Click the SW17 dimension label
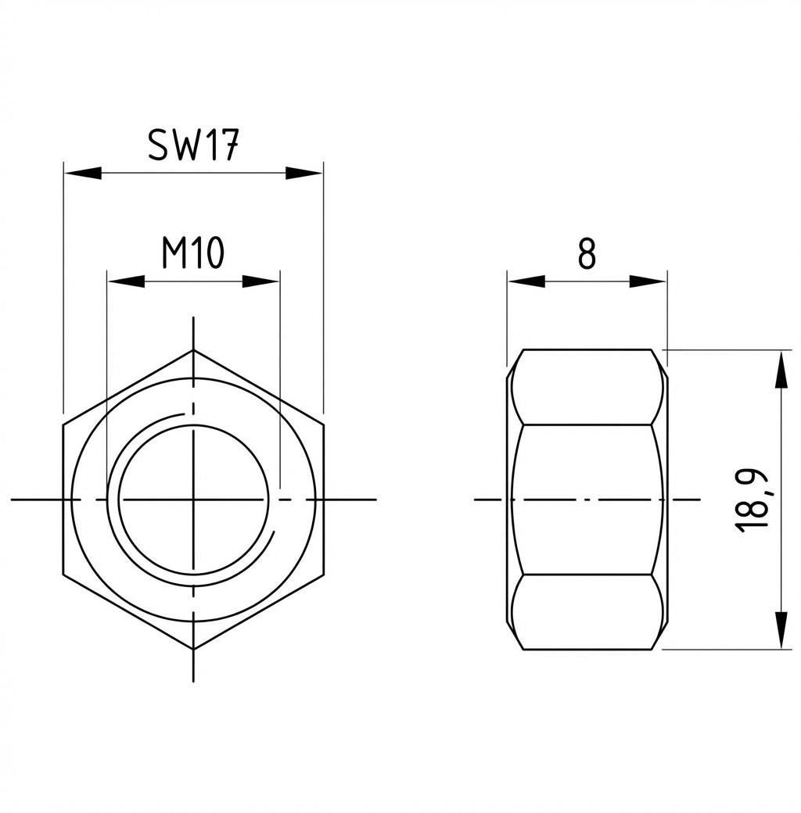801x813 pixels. [x=193, y=145]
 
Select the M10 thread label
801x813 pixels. [x=193, y=252]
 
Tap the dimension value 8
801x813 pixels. [x=587, y=253]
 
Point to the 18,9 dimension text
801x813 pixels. [x=752, y=500]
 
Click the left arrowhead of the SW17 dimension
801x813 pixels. [x=82, y=174]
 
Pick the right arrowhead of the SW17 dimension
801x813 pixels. [x=304, y=174]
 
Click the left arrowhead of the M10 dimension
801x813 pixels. [x=125, y=281]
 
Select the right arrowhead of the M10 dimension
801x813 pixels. [x=261, y=281]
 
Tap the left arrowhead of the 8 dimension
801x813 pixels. [x=526, y=281]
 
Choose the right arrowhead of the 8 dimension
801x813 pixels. [x=648, y=281]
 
